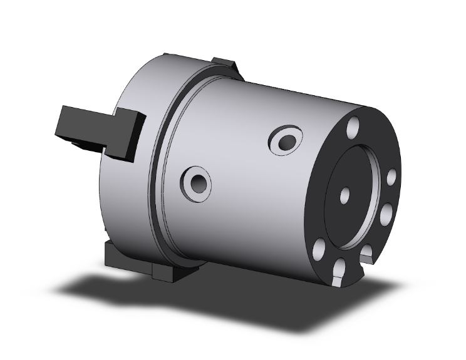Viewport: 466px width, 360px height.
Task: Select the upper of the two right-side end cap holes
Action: [x=392, y=178]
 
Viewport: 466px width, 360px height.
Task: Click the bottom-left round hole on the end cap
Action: [x=319, y=246]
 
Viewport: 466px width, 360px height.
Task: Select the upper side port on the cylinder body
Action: [x=286, y=140]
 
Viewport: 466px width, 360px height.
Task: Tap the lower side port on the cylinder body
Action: [x=198, y=182]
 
